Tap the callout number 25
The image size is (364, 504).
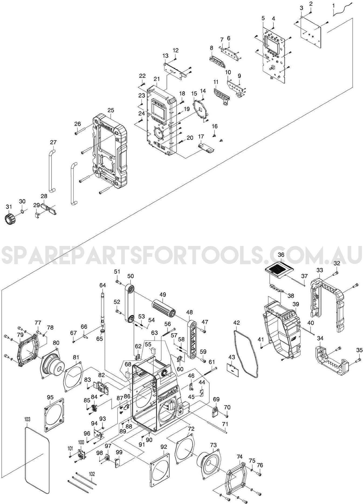point(111,110)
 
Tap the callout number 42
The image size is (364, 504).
point(236,323)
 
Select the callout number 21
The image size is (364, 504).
point(157,79)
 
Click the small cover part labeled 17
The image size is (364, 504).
point(206,147)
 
